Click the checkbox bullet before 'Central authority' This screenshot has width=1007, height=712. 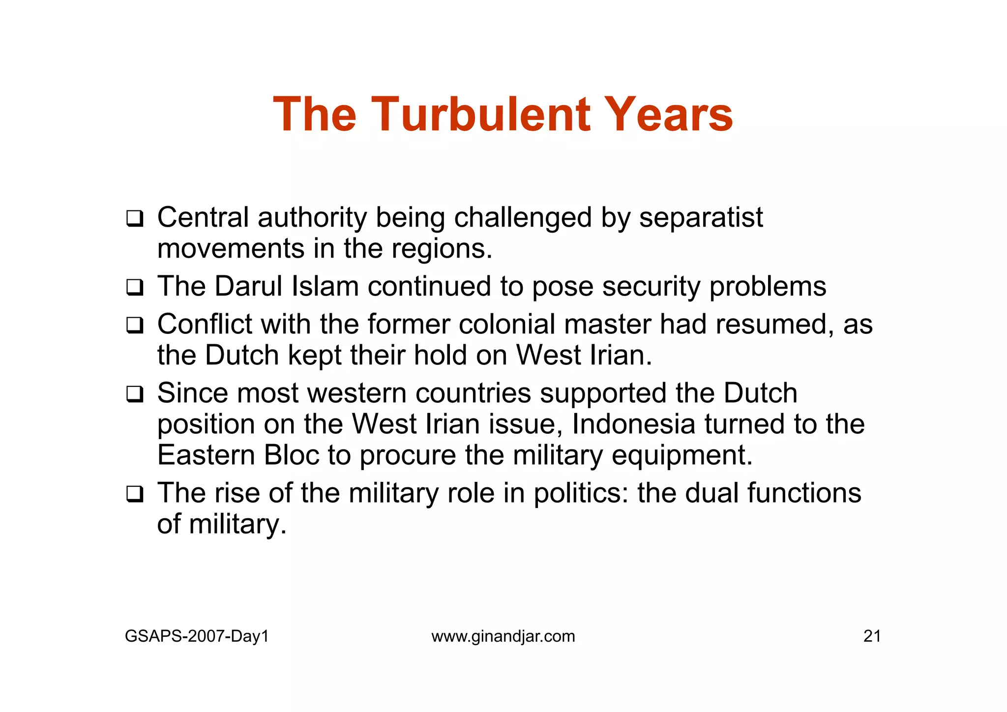[x=134, y=218]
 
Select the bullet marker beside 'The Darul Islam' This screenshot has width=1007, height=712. [x=134, y=287]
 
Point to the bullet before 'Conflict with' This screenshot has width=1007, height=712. [x=134, y=325]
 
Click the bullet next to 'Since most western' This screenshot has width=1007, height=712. [x=134, y=394]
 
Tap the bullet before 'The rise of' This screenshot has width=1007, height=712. [x=134, y=494]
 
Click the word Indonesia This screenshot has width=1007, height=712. [x=633, y=424]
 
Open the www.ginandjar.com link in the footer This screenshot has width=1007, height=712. [x=503, y=636]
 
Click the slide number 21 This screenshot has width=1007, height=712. [x=872, y=636]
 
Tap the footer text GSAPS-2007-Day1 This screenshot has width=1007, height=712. [x=197, y=636]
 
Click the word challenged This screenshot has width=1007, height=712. [x=523, y=217]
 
